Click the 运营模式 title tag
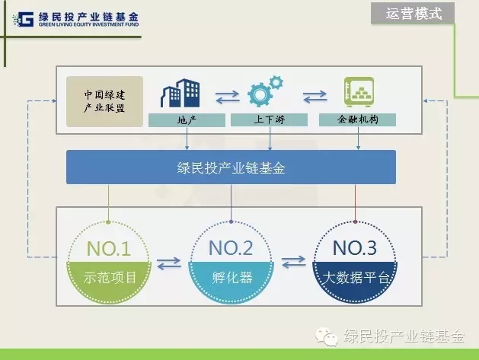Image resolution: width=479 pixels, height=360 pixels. click(413, 13)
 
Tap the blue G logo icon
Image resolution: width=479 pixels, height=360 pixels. click(23, 19)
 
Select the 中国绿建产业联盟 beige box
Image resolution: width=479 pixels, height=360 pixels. click(104, 101)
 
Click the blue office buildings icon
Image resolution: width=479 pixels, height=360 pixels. click(180, 93)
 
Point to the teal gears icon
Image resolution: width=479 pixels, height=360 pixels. click(265, 91)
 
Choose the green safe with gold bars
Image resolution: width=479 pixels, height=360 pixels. click(359, 91)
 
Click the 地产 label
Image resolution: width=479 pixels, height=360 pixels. click(187, 120)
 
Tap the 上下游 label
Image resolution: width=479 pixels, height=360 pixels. click(269, 119)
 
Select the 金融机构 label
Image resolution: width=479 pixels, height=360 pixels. click(357, 119)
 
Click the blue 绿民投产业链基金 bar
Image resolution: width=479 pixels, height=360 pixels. click(231, 167)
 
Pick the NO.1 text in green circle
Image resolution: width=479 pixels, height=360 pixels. click(108, 248)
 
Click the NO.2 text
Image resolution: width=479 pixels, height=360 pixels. click(231, 247)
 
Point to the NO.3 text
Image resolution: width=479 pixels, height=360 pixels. click(355, 247)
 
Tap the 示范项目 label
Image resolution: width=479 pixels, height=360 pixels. click(110, 278)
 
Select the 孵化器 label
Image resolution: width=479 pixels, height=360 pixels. click(232, 278)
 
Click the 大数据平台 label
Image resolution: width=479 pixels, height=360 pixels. click(356, 278)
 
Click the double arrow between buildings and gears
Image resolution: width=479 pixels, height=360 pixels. click(227, 97)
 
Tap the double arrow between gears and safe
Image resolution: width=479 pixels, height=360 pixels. click(315, 97)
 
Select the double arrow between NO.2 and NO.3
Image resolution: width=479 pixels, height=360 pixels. click(294, 262)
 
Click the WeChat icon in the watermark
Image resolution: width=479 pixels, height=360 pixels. click(326, 337)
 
